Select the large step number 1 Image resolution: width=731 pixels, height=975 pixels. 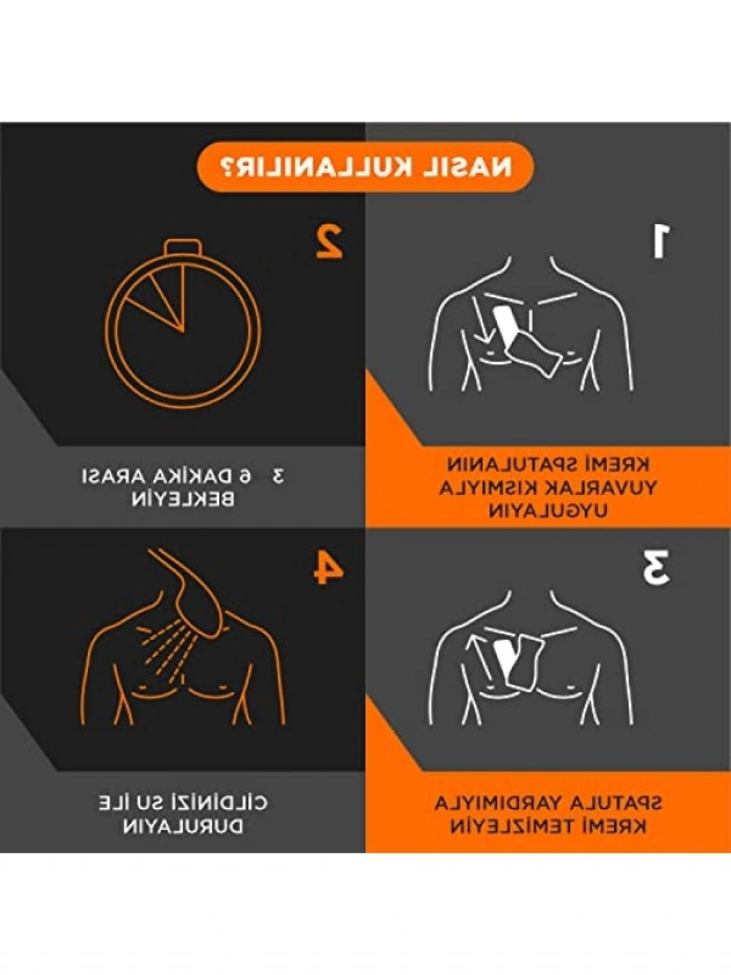click(659, 241)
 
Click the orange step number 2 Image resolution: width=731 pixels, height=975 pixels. click(329, 241)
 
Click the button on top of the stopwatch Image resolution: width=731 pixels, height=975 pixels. click(183, 247)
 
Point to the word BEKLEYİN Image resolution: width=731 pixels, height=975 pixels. click(183, 500)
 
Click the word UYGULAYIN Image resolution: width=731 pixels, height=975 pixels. click(548, 511)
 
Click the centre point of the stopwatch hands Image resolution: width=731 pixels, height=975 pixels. click(183, 331)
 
